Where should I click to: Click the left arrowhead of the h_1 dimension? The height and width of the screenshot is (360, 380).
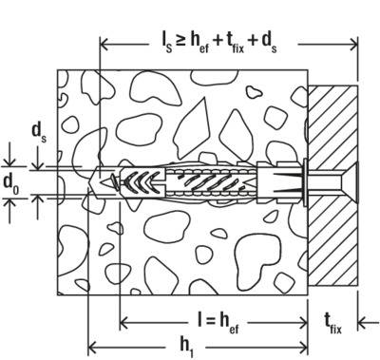click(x=92, y=345)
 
